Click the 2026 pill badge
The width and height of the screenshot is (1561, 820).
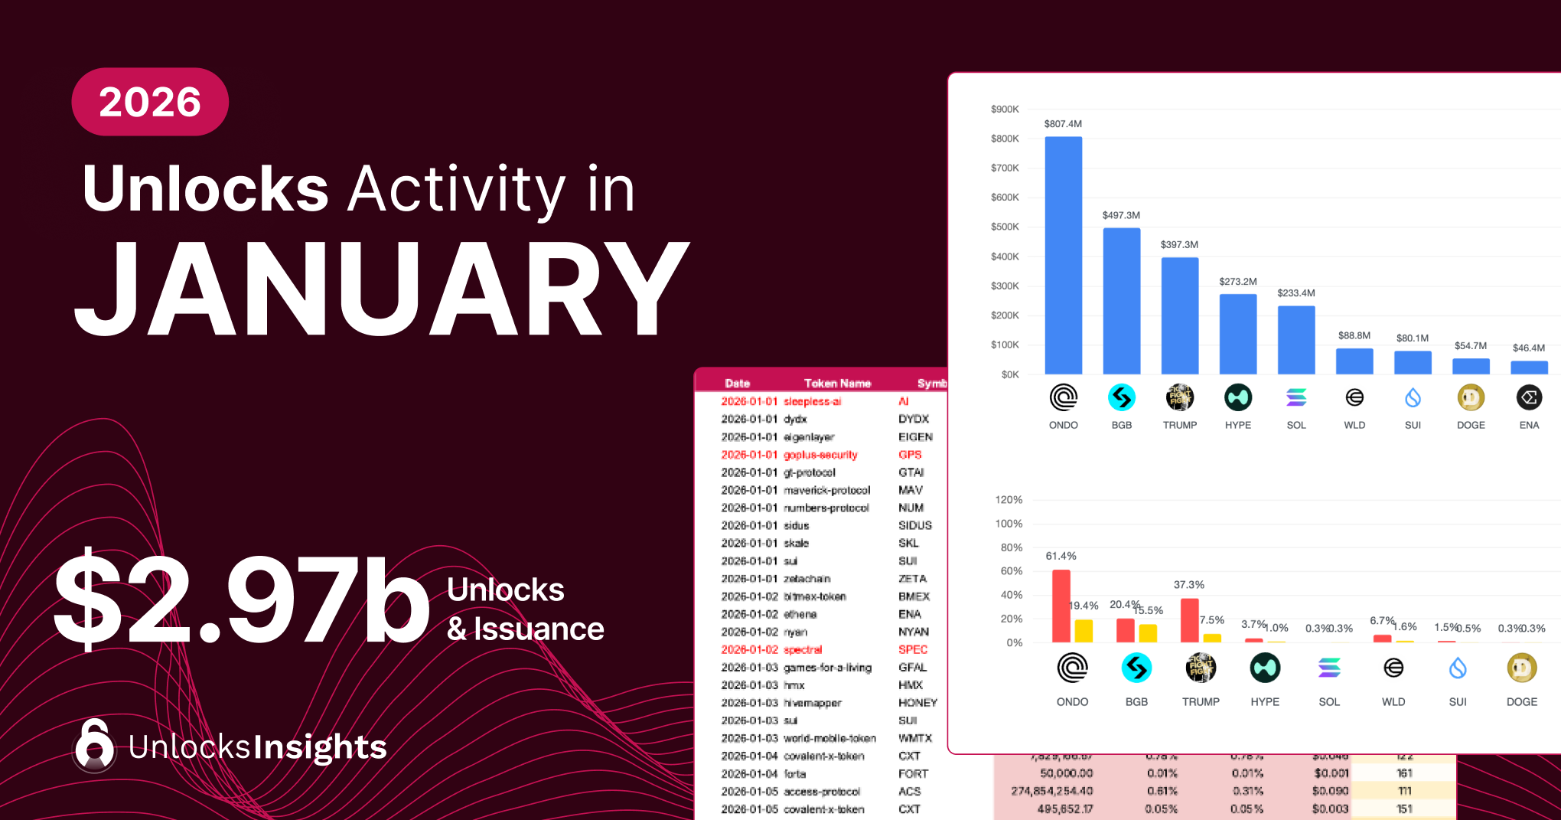150,102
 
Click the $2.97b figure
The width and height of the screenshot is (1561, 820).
241,600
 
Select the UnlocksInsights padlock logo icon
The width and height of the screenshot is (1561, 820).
94,745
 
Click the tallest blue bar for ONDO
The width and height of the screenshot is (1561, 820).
1063,255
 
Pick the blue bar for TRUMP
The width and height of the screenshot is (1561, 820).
1179,315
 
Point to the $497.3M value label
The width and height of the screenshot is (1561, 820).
1121,215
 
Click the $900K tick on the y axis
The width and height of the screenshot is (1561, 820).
1005,109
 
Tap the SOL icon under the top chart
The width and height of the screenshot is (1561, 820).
1296,397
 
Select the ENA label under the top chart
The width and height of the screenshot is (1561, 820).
1529,425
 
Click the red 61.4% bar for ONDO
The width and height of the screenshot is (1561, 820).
1061,606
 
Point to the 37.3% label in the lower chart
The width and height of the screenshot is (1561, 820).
1188,585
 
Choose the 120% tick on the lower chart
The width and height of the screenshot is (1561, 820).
1009,500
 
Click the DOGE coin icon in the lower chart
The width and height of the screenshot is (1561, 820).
1521,668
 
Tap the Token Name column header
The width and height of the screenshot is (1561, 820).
837,383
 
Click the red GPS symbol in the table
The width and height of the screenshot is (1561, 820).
910,455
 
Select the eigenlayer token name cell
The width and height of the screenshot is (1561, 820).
809,437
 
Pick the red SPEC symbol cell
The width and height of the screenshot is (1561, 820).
913,649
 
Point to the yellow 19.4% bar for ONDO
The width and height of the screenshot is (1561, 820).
1084,631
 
